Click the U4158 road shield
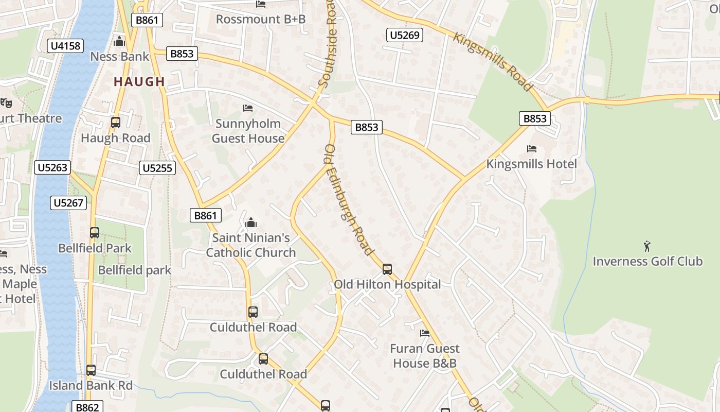66,46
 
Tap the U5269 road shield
405,35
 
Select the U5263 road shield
52,167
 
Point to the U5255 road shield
158,167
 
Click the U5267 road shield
69,203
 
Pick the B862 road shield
87,407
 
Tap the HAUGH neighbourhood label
139,81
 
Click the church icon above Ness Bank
119,41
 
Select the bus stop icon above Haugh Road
116,123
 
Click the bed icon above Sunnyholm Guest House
248,108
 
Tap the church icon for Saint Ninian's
251,222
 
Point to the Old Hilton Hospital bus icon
387,269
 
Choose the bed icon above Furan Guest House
425,333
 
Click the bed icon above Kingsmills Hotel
532,149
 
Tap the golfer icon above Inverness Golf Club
647,246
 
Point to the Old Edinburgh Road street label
349,200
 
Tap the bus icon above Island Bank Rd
91,370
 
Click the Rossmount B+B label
261,19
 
